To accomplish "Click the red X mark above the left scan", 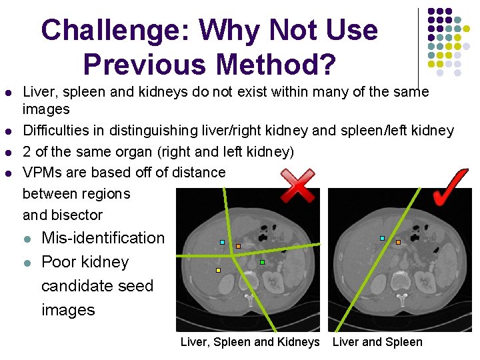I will [x=297, y=185].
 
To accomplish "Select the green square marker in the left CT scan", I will [x=263, y=263].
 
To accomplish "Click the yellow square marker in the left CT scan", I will [x=218, y=271].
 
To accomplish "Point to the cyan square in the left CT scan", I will [x=222, y=242].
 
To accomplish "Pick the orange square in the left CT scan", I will [x=238, y=246].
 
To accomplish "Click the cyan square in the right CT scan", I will [x=382, y=238].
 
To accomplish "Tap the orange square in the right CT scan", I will [x=399, y=243].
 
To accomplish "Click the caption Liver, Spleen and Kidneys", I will [x=250, y=342].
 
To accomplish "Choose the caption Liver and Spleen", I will [x=377, y=342].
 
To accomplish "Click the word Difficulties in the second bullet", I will [x=53, y=131].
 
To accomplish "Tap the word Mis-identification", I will [x=103, y=238].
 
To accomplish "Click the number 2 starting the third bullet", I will [x=27, y=152].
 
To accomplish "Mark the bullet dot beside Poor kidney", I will [x=26, y=263].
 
